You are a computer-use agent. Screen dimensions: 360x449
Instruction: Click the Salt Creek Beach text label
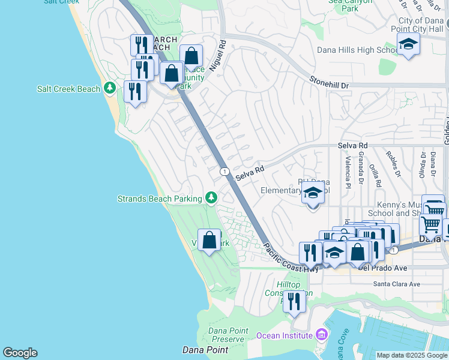click(68, 89)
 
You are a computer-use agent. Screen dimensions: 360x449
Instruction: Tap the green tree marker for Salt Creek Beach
click(109, 88)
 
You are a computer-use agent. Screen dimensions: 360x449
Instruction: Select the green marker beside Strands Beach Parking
click(211, 197)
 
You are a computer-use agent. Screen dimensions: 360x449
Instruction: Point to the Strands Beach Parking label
click(159, 199)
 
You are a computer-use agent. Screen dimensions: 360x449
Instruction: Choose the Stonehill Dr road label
click(329, 82)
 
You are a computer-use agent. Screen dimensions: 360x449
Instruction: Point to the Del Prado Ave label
click(382, 268)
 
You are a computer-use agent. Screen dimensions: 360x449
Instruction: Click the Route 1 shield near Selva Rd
click(224, 172)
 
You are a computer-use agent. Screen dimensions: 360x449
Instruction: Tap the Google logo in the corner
click(20, 353)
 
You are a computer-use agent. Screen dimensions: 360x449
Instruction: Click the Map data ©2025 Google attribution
click(411, 355)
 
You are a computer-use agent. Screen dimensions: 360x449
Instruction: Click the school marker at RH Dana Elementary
click(312, 194)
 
